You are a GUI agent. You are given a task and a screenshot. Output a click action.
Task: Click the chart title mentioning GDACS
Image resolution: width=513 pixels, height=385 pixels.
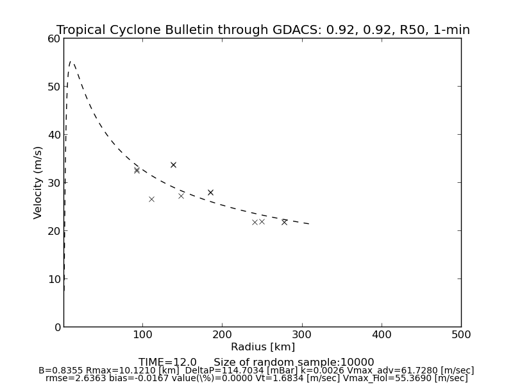(263, 30)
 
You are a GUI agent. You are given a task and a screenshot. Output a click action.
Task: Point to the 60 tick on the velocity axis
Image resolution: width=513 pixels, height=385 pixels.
(53, 38)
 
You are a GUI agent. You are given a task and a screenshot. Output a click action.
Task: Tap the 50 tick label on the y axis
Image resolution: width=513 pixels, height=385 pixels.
(53, 87)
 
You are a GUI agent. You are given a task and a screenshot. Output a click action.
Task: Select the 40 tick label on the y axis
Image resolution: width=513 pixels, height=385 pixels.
(53, 135)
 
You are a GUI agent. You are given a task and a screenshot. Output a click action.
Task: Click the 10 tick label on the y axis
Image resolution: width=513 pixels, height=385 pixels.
(53, 279)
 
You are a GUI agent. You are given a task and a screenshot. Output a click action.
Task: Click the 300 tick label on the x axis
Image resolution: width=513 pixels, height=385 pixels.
(302, 335)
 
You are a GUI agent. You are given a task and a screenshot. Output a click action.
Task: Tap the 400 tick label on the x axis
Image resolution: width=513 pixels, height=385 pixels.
(382, 335)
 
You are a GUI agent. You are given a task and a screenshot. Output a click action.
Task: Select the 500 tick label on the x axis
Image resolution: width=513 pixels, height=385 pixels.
(461, 335)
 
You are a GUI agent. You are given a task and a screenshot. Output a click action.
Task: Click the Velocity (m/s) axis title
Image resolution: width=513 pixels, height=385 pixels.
(38, 182)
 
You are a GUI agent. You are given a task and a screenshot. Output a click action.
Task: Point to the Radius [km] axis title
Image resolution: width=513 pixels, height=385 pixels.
(263, 347)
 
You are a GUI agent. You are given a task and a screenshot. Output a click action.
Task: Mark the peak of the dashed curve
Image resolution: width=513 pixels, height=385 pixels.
(71, 62)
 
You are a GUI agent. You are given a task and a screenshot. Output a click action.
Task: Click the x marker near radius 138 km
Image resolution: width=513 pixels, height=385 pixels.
(173, 165)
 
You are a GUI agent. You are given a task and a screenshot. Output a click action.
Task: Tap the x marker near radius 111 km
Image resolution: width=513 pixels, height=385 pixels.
(151, 199)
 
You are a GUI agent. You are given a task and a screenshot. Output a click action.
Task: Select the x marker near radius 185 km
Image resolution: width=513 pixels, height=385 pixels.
(210, 193)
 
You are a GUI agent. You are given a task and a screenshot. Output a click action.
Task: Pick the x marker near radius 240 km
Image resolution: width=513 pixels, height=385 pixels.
(255, 222)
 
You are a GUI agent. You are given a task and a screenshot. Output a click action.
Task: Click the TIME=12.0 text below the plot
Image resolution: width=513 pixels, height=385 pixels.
(167, 363)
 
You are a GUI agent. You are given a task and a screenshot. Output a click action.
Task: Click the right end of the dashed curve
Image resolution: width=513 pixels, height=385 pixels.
(310, 224)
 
